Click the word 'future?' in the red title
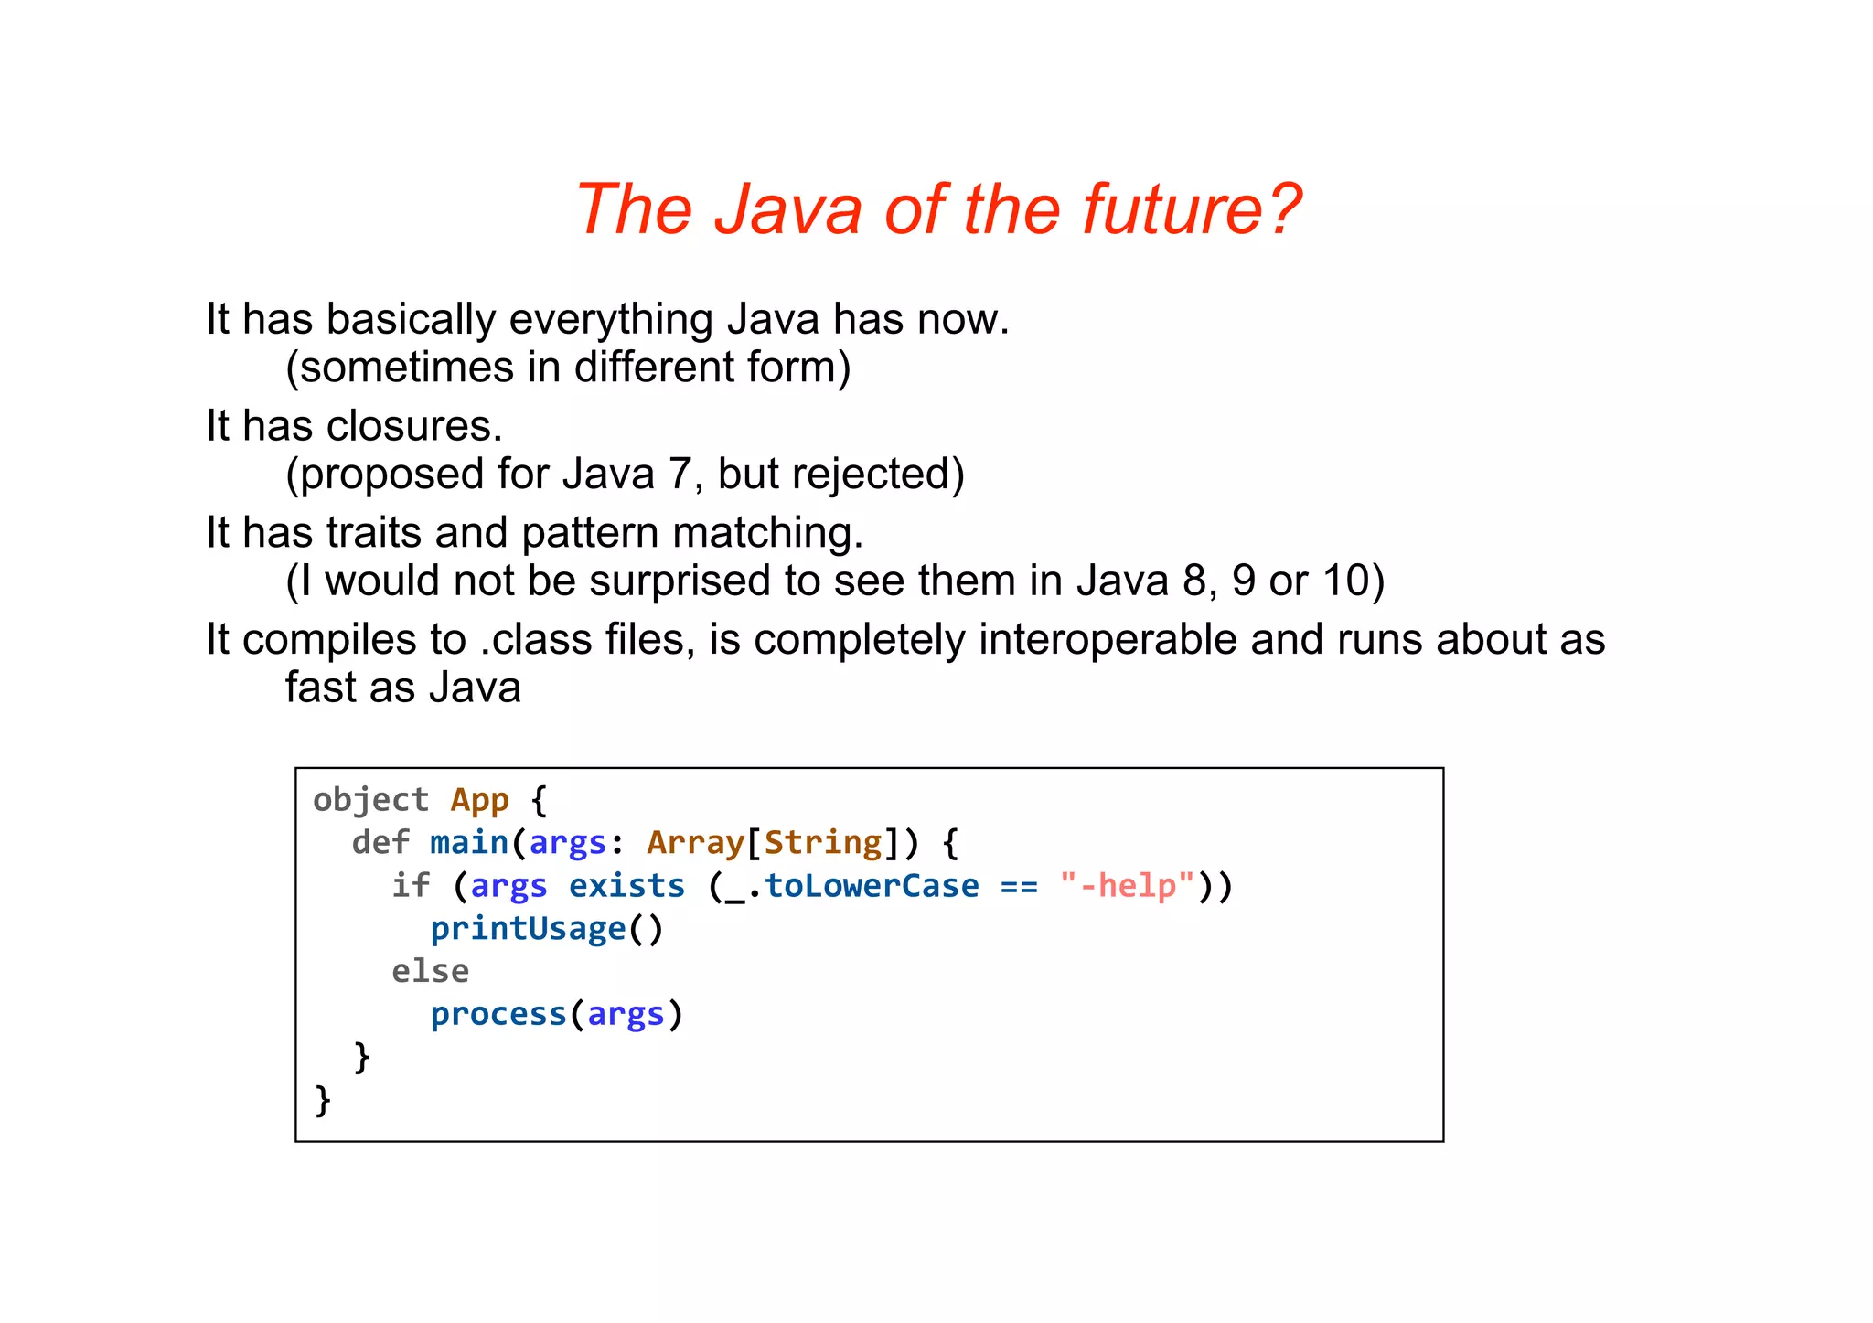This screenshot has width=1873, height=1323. pyautogui.click(x=1191, y=209)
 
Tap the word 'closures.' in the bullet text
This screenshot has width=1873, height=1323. pyautogui.click(x=414, y=426)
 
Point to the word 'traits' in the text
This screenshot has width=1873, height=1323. pyautogui.click(x=374, y=533)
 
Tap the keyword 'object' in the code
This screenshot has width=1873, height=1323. pyautogui.click(x=370, y=800)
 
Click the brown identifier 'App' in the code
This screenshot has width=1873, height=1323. pyautogui.click(x=479, y=800)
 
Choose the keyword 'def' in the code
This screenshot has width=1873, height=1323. pyautogui.click(x=380, y=842)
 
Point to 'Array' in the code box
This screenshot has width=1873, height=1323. pyautogui.click(x=695, y=842)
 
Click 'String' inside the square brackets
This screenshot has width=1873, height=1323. pyautogui.click(x=823, y=842)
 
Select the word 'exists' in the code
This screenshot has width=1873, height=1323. pyautogui.click(x=626, y=885)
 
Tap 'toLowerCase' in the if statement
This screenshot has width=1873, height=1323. pyautogui.click(x=872, y=885)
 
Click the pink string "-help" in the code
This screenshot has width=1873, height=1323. pyautogui.click(x=1128, y=885)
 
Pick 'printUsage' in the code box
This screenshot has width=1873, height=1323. pyautogui.click(x=528, y=928)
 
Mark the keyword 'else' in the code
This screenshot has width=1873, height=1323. pyautogui.click(x=430, y=971)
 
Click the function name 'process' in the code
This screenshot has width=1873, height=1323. pyautogui.click(x=498, y=1014)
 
